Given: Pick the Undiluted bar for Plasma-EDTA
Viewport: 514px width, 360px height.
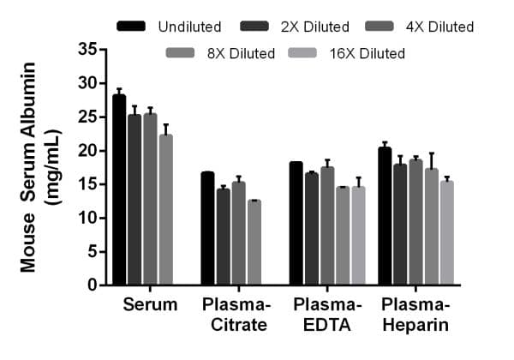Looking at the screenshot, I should (296, 224).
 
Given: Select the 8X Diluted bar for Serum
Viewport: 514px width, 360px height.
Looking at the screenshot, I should (165, 210).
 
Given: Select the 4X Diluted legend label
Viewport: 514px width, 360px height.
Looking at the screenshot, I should (439, 27).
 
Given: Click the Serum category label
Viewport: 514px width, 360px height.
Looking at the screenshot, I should (150, 305).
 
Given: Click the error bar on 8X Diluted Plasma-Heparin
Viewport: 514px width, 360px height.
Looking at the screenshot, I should (431, 159).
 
